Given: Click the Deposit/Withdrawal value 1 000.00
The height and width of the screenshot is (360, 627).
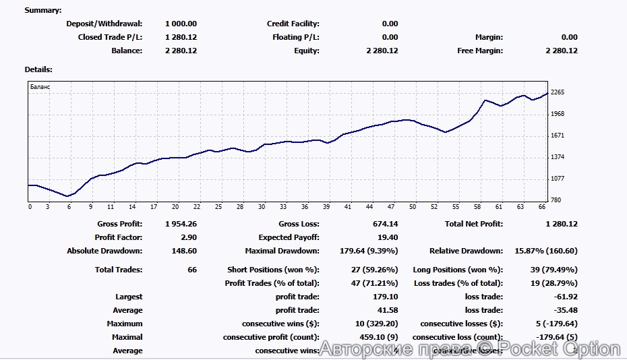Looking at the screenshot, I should coord(181,24).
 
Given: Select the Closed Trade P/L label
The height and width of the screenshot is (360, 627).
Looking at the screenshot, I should coord(110,37).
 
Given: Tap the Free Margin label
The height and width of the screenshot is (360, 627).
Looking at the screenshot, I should coord(480,51).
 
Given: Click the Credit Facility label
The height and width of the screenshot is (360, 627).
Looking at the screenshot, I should coord(293,24).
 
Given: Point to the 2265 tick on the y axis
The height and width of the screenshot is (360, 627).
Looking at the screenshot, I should coord(557,92).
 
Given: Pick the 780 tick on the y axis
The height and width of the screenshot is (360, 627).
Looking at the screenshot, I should coord(556,200).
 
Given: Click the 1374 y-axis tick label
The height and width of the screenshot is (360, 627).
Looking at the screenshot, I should coord(557,157).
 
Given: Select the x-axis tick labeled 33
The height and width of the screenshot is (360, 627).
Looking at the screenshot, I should coord(283,207).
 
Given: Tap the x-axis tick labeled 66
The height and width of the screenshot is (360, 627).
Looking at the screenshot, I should coord(543,207).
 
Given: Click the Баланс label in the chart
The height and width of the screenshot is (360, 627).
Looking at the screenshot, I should coord(40,87).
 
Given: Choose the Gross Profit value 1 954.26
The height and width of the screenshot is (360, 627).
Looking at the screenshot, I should coord(181,224).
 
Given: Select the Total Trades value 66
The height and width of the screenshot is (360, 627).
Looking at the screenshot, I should coord(191,270).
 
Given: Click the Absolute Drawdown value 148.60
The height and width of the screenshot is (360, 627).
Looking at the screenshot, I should coord(183,251).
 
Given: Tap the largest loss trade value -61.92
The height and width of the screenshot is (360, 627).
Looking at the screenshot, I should coord(564,297).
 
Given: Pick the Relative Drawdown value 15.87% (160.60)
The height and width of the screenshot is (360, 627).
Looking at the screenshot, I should coord(545,251).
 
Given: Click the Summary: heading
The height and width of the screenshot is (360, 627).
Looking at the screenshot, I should coord(42,10).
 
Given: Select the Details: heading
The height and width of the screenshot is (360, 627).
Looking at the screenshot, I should coord(38,69).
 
